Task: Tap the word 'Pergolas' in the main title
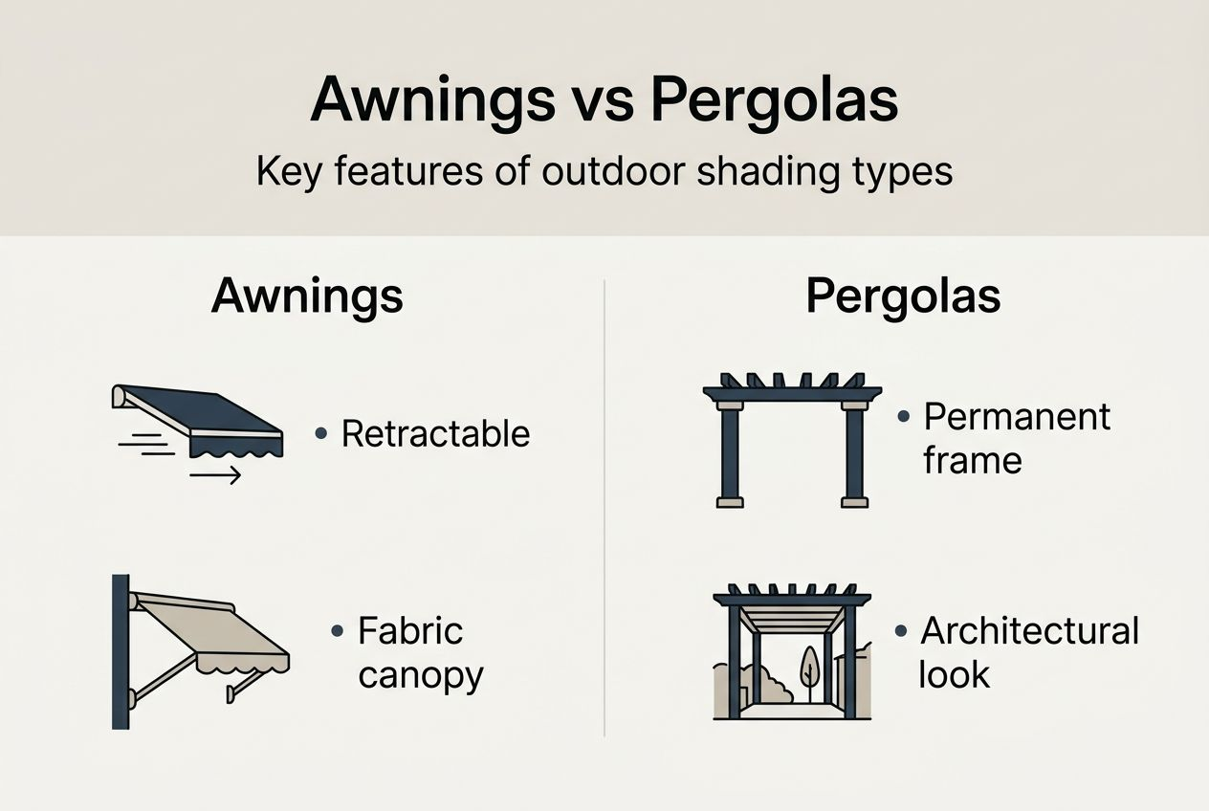pyautogui.click(x=775, y=99)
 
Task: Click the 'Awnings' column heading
pyautogui.click(x=307, y=296)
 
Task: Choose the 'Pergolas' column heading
pyautogui.click(x=903, y=296)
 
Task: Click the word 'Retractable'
pyautogui.click(x=435, y=434)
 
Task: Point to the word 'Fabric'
pyautogui.click(x=410, y=631)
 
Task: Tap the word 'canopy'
pyautogui.click(x=420, y=675)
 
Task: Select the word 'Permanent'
pyautogui.click(x=1017, y=417)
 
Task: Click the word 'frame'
pyautogui.click(x=972, y=460)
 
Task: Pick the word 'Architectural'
pyautogui.click(x=1029, y=631)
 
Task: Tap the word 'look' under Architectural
pyautogui.click(x=954, y=674)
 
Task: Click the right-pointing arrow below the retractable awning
pyautogui.click(x=215, y=475)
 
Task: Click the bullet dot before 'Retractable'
pyautogui.click(x=321, y=434)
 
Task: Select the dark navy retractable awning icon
pyautogui.click(x=201, y=417)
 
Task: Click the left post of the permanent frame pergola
pyautogui.click(x=730, y=454)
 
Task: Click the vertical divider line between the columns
pyautogui.click(x=605, y=507)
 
